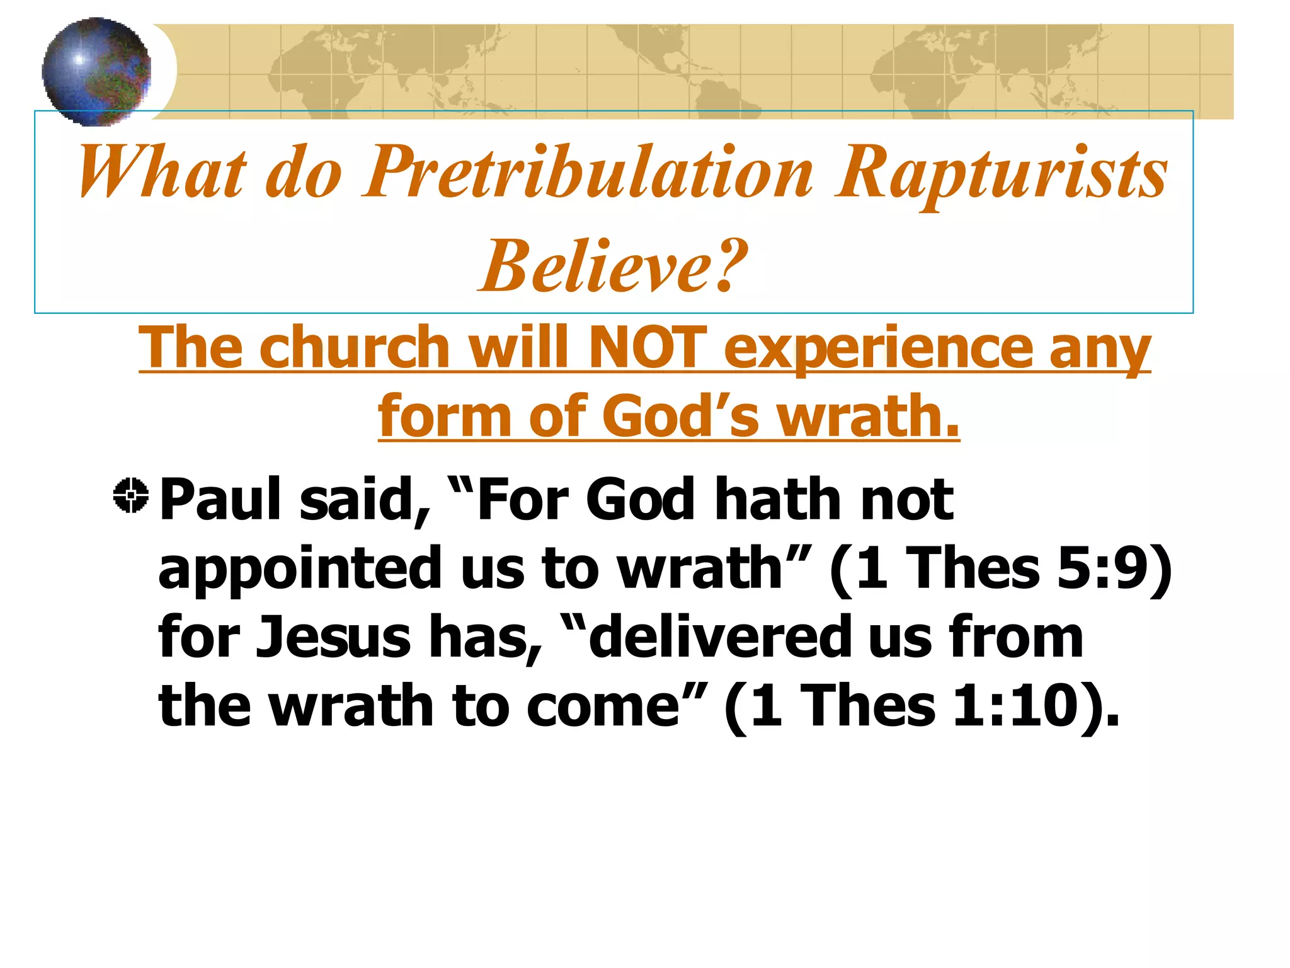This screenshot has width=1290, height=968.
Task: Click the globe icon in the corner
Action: pyautogui.click(x=96, y=71)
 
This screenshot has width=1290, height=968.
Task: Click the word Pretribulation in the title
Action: pyautogui.click(x=589, y=173)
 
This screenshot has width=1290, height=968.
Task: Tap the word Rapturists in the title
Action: pyautogui.click(x=1002, y=173)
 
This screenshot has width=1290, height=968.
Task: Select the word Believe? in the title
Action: pyautogui.click(x=614, y=267)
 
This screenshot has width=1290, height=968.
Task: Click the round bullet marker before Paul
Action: pyautogui.click(x=131, y=495)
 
